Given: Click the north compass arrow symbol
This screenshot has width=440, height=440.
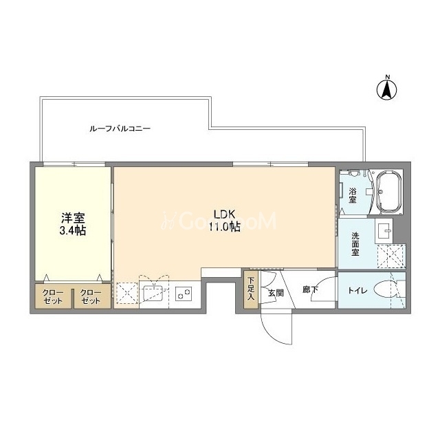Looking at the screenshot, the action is coord(386,89).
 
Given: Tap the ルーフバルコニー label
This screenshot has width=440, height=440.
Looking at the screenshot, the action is coord(120,129).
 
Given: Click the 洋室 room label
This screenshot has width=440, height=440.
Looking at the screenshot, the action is coord(73,218).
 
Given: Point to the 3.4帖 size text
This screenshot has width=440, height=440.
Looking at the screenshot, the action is coord(72,230).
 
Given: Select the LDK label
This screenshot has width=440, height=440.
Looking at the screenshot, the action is coord(224,214).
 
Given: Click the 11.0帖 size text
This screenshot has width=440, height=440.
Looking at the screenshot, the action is coord(224,226).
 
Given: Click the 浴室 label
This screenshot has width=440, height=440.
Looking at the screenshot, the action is coord(353,195).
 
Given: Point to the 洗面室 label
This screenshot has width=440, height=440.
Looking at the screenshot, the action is coord(355,244).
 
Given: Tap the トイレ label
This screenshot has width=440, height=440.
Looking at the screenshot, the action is coord(357,290).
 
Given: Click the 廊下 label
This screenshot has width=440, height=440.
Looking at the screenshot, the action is coord(310,289).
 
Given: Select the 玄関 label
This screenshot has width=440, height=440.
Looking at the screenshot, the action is coord(276,294).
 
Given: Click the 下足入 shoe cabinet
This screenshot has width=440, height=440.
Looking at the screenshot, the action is coord(250,289).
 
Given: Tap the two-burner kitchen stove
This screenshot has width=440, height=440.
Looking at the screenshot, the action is coord(184,294).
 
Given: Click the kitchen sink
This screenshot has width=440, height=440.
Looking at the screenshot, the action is coord(153,294).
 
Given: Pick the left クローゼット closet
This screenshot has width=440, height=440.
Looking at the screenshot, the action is coord(53,296).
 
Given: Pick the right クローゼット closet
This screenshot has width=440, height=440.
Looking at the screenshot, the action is coord(91,296).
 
